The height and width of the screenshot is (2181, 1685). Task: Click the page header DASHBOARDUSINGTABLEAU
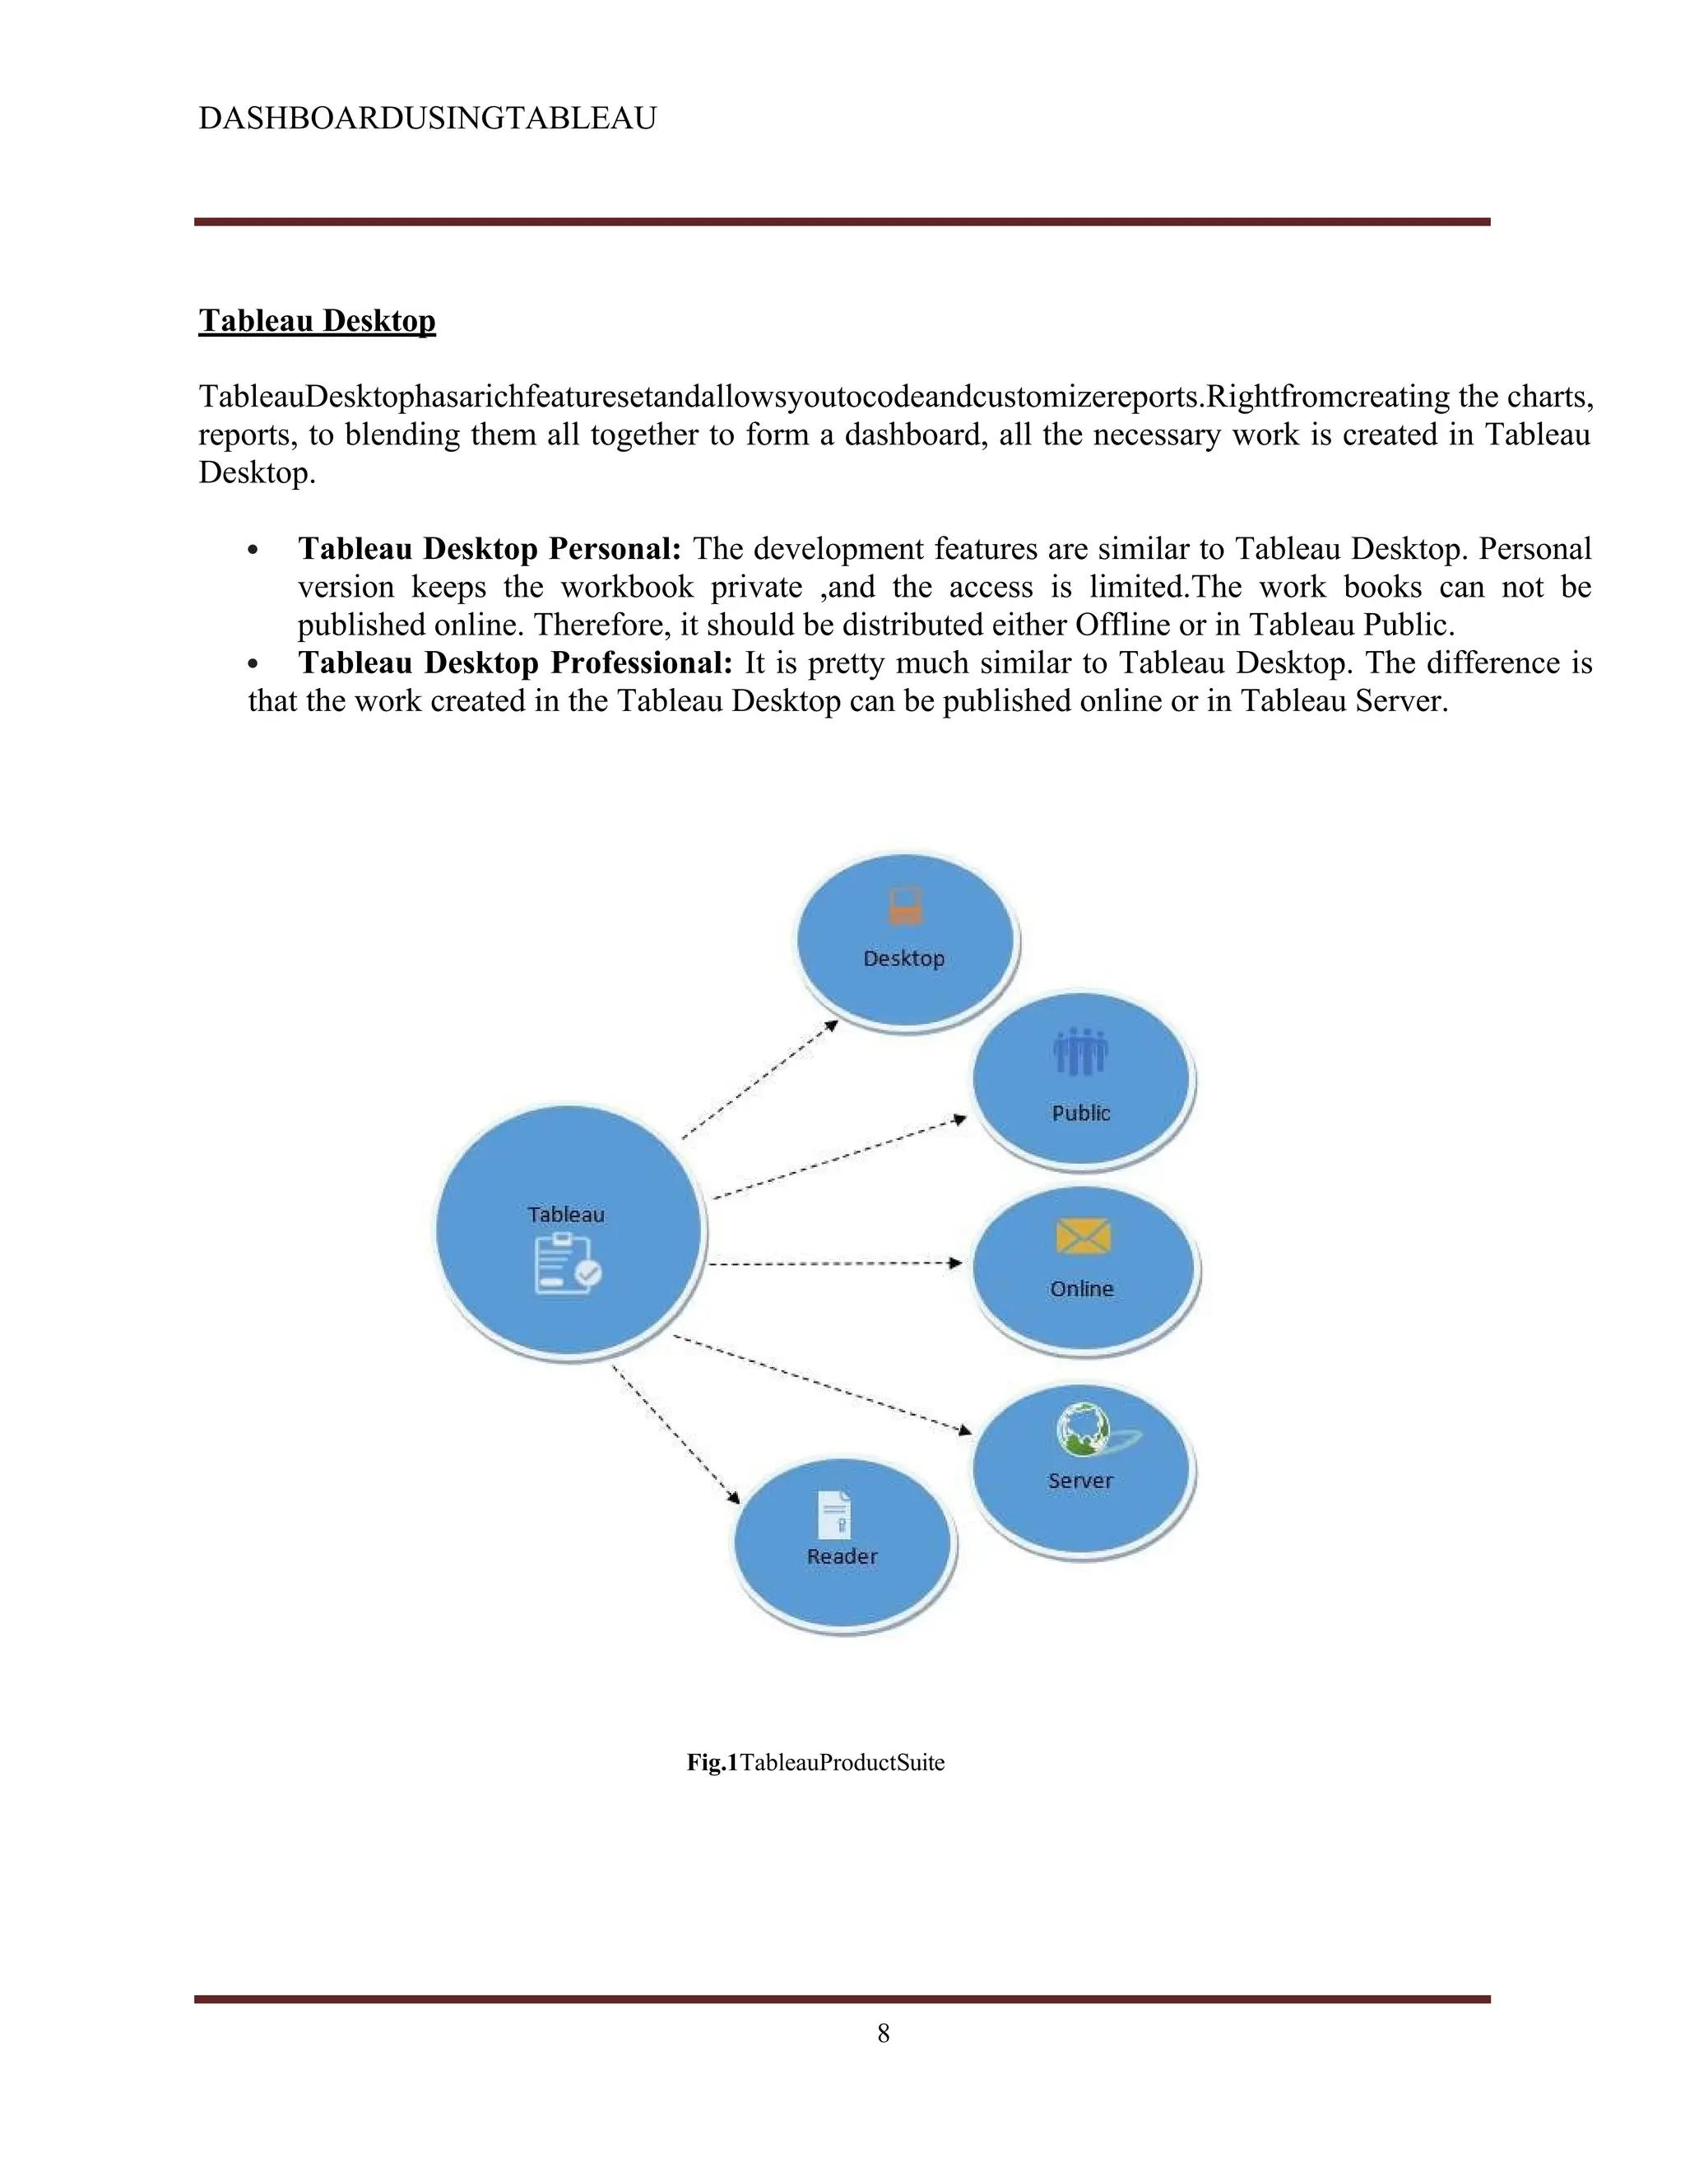[427, 118]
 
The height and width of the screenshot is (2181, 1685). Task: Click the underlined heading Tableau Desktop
[317, 320]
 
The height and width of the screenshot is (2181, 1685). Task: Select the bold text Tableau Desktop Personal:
[490, 548]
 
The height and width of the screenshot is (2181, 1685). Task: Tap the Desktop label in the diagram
[903, 959]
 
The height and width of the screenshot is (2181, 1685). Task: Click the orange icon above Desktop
[905, 907]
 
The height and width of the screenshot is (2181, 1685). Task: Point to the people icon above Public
[1080, 1053]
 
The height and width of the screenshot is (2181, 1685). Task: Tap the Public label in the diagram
[1081, 1114]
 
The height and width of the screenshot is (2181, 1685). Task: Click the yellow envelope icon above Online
[1083, 1236]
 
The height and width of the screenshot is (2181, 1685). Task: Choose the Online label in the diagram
[1081, 1289]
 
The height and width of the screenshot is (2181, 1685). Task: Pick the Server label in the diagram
[1080, 1481]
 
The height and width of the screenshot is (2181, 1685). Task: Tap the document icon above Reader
[834, 1514]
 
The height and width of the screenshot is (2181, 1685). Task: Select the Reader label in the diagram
[842, 1557]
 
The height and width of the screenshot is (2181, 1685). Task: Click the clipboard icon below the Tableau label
[566, 1264]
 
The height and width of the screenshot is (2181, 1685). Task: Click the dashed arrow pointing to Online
[834, 1264]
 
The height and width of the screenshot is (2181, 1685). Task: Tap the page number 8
[884, 2033]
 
